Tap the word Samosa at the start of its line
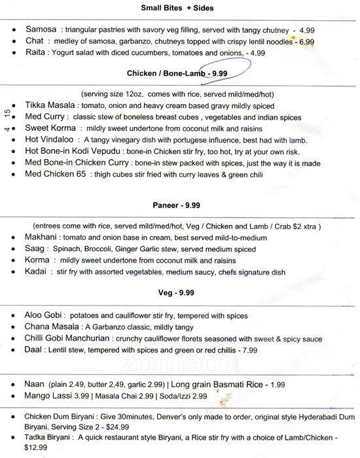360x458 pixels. (x=41, y=30)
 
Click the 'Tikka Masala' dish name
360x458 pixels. (x=50, y=105)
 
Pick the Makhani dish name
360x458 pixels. (x=45, y=239)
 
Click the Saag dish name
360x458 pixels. (x=36, y=250)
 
